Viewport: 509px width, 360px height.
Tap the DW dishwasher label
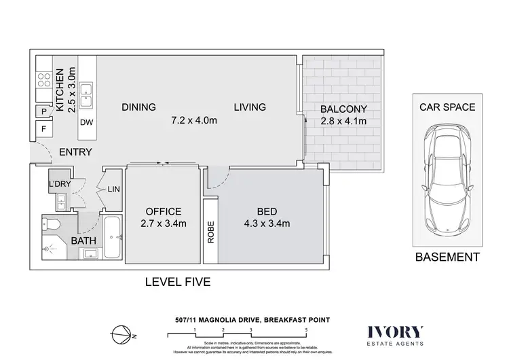tap(86, 123)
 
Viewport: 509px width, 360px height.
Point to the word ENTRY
tap(75, 152)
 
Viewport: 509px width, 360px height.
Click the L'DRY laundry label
tap(58, 184)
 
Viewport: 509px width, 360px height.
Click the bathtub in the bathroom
tap(112, 238)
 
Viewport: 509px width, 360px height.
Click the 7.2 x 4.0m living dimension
tap(193, 121)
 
